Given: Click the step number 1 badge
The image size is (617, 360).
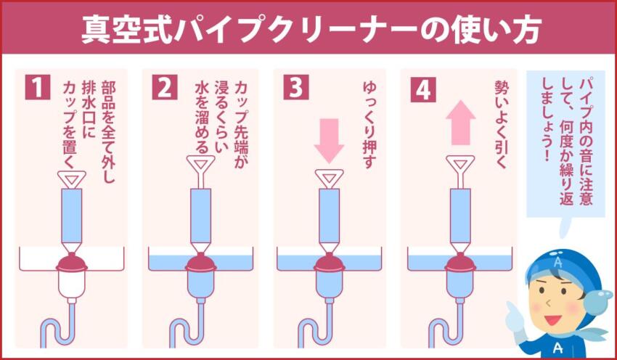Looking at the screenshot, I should point(36,88).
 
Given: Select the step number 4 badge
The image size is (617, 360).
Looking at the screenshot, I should point(422,88).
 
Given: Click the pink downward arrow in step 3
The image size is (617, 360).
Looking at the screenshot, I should point(329,137).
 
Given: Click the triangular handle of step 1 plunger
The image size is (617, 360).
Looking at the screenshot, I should point(71,176).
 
